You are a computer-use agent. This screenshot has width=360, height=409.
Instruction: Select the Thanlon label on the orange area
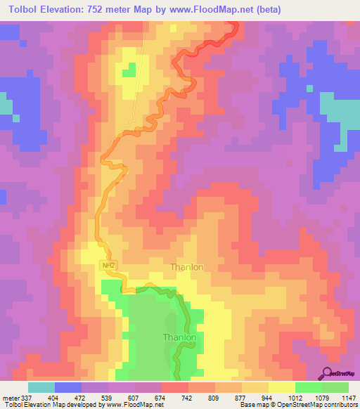pos(187,267)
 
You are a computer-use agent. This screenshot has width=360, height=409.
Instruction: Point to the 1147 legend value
pos(349,397)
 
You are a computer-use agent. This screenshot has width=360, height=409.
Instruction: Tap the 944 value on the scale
pos(268,397)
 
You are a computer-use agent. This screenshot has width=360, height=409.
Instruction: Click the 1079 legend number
pos(321,397)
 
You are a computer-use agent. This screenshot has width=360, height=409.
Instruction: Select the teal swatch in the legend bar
pos(41,387)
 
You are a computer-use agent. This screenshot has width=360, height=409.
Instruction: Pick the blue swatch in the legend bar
pos(67,387)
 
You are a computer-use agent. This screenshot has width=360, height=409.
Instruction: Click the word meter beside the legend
pos(11,397)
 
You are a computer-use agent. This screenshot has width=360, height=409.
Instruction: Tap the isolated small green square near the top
pos(129,70)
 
